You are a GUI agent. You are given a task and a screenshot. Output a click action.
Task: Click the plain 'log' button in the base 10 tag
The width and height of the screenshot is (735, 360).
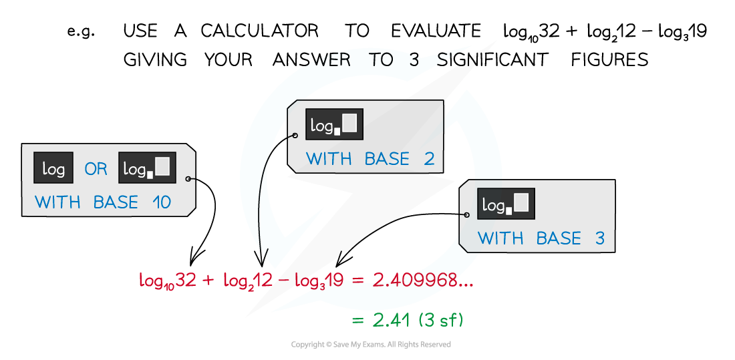53,168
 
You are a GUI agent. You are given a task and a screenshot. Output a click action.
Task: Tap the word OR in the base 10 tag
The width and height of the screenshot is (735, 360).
96,169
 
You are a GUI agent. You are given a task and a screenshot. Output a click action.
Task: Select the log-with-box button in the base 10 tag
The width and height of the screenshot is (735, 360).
147,168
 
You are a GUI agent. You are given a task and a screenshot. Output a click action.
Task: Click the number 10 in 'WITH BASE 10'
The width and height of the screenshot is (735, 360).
161,202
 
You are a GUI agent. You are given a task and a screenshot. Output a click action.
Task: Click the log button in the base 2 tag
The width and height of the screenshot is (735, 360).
334,124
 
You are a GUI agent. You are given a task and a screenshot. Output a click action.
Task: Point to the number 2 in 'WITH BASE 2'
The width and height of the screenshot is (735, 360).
429,159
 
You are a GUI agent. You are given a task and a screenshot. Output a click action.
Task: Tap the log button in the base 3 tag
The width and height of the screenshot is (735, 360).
506,204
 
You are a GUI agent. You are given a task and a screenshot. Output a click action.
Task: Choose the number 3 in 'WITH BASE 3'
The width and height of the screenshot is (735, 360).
599,238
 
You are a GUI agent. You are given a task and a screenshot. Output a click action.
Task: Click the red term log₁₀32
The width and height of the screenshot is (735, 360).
166,281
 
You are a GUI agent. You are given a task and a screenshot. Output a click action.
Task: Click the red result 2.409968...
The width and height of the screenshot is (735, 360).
422,281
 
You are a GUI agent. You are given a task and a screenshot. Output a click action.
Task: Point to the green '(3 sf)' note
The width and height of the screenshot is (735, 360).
441,321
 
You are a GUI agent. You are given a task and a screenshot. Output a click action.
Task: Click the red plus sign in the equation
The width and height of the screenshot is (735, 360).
208,281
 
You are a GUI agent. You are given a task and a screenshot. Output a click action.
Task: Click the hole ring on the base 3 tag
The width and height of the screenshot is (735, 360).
466,215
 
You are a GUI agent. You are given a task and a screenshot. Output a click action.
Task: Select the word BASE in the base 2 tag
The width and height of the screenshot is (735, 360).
387,159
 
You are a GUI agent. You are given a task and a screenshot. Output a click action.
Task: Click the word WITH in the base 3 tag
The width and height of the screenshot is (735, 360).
500,238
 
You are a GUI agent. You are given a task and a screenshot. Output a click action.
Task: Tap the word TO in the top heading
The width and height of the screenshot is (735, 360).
382,59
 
